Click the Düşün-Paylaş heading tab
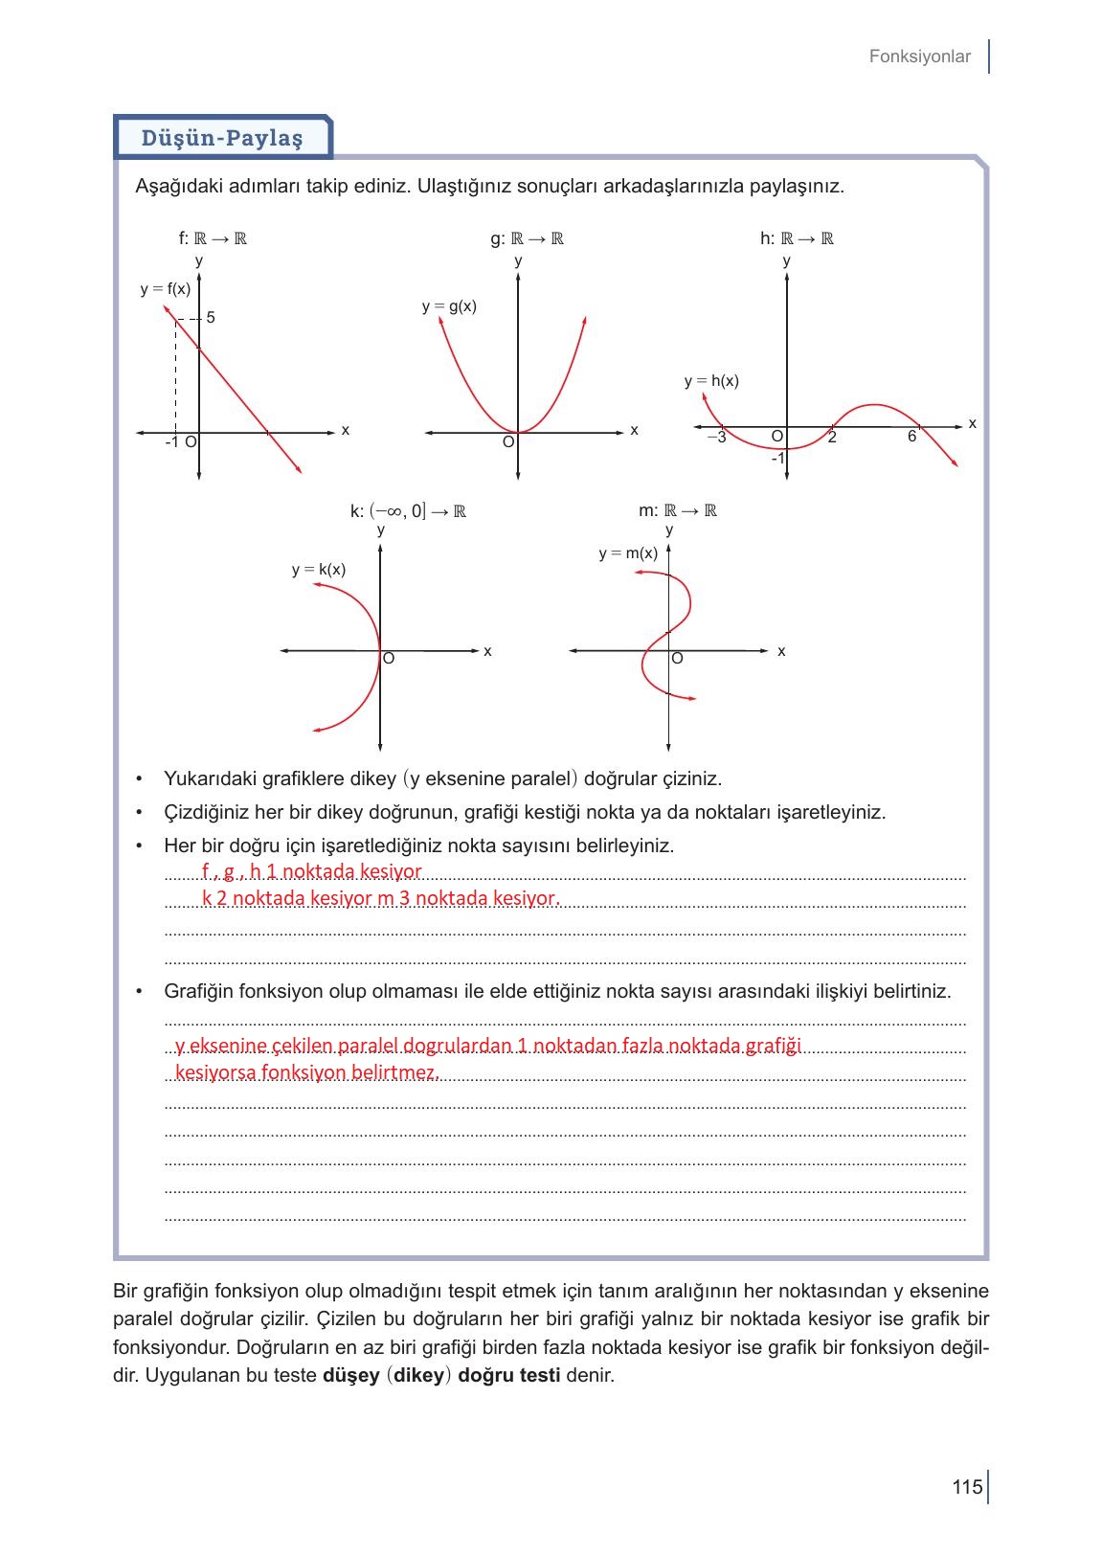click(222, 138)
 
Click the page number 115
click(967, 1487)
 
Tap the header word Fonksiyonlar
click(919, 56)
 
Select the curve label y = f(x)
click(165, 288)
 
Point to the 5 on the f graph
click(211, 317)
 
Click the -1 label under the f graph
click(171, 442)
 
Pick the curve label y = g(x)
click(449, 306)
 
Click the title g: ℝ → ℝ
click(527, 238)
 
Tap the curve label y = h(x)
click(711, 380)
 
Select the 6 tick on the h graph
click(911, 437)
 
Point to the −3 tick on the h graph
click(716, 438)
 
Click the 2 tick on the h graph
click(832, 438)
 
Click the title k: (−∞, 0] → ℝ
click(408, 510)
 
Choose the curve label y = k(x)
click(319, 570)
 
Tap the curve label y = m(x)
click(628, 553)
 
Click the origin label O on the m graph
click(677, 659)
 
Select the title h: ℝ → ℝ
click(797, 238)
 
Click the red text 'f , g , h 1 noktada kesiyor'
click(311, 871)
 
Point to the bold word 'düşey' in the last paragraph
click(351, 1376)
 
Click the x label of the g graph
click(634, 431)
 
